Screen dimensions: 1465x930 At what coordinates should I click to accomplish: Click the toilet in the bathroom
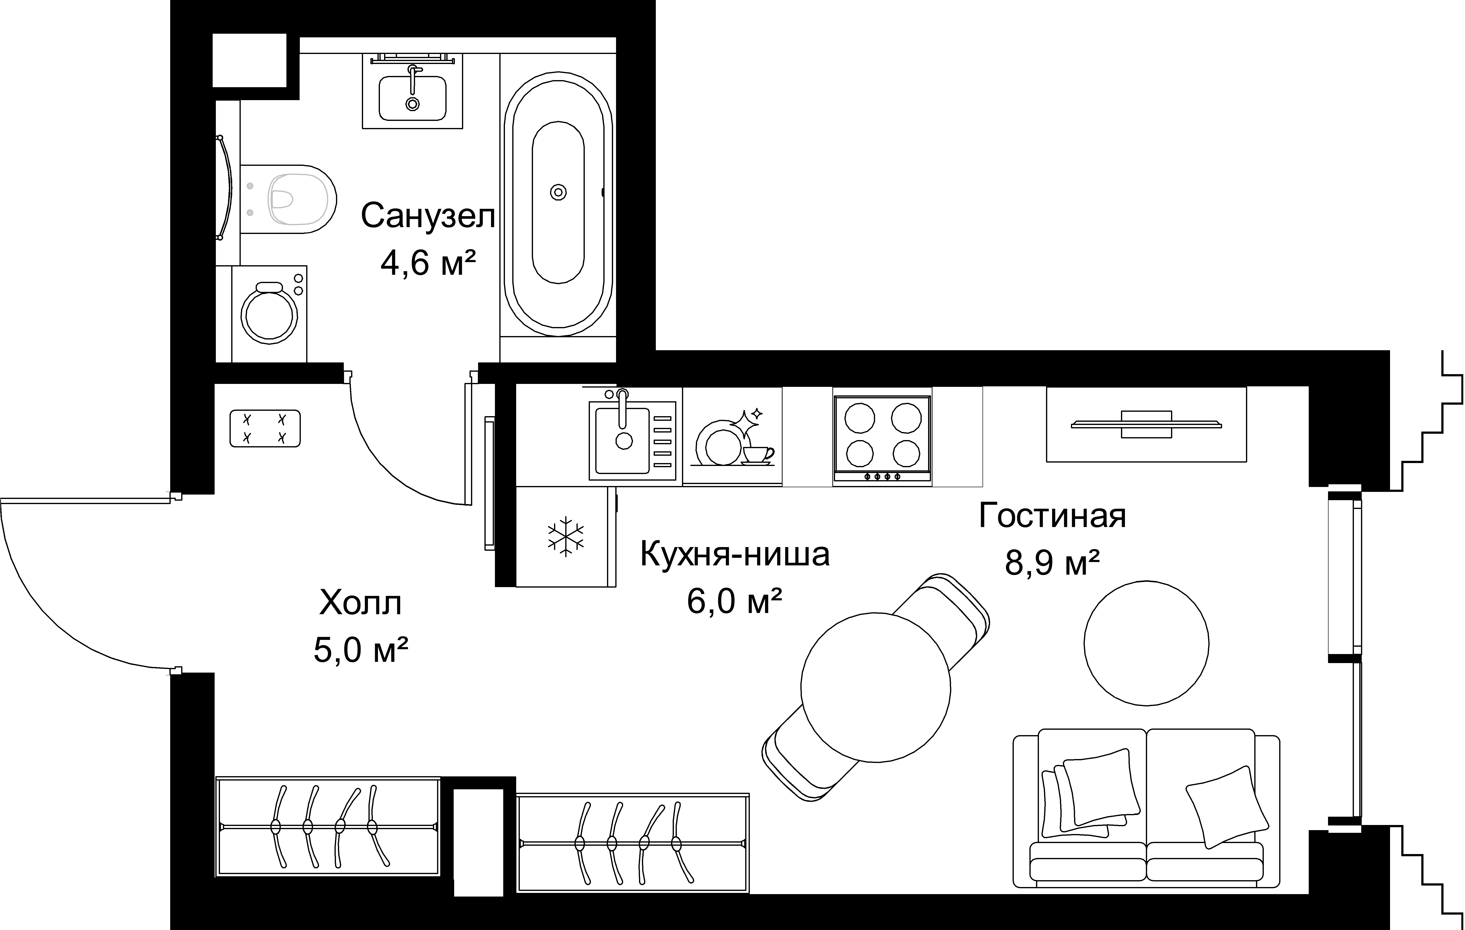[288, 199]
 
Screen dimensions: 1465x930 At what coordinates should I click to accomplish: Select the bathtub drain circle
[558, 192]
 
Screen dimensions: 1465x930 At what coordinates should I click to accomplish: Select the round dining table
[876, 687]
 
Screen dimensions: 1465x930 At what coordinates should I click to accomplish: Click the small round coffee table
[1146, 643]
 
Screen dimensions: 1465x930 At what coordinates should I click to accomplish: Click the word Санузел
[428, 216]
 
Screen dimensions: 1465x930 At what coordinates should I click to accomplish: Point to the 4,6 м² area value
[428, 263]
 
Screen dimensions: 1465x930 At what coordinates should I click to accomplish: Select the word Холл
[361, 603]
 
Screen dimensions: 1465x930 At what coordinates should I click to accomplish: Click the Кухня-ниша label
[735, 554]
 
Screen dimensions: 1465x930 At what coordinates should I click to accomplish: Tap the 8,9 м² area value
[1053, 562]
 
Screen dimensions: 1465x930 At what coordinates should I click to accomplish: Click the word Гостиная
[1053, 516]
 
